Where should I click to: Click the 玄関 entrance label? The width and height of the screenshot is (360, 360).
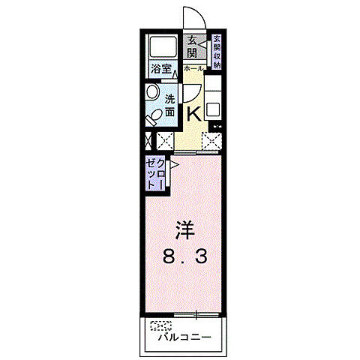(193, 47)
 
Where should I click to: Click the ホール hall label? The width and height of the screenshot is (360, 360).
(193, 68)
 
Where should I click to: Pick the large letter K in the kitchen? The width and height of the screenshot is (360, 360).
(193, 113)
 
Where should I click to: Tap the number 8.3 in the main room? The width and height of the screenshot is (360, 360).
(183, 256)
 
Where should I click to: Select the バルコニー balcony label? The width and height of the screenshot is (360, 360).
(184, 337)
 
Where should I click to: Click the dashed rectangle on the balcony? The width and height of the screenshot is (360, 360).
(160, 325)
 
